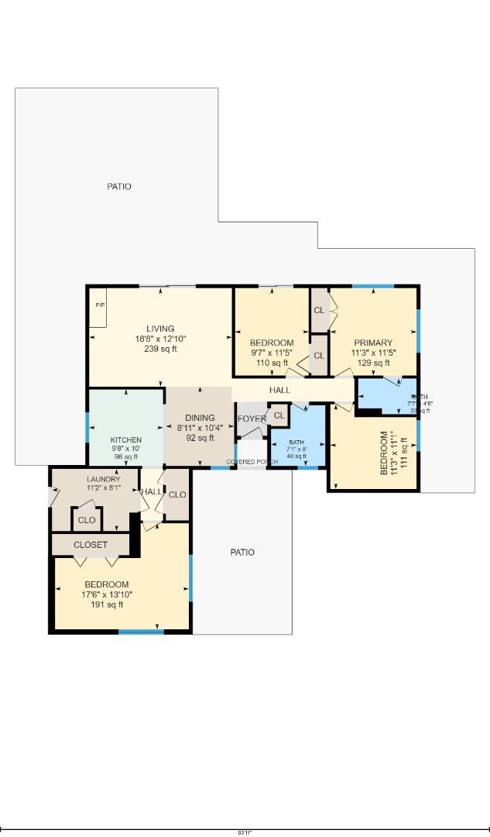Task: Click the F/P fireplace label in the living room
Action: tap(100, 305)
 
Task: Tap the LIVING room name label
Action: tap(160, 329)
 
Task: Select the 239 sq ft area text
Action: tap(160, 349)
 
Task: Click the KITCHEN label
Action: tap(125, 440)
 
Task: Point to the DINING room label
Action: tap(199, 418)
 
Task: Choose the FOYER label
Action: tap(252, 419)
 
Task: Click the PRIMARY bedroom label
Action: tap(373, 343)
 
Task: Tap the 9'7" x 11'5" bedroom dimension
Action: tap(271, 353)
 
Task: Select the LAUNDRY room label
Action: tap(103, 480)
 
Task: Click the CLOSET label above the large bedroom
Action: tap(91, 545)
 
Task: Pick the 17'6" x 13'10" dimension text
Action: tap(108, 594)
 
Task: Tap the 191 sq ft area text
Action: tap(108, 604)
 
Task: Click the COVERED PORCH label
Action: tap(252, 462)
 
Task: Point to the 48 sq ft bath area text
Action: tap(297, 456)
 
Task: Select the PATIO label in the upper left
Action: tap(118, 187)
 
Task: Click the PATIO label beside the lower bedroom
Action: tap(242, 553)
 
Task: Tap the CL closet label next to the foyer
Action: tap(279, 416)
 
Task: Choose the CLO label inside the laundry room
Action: tap(87, 520)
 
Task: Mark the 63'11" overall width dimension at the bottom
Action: tap(245, 832)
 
